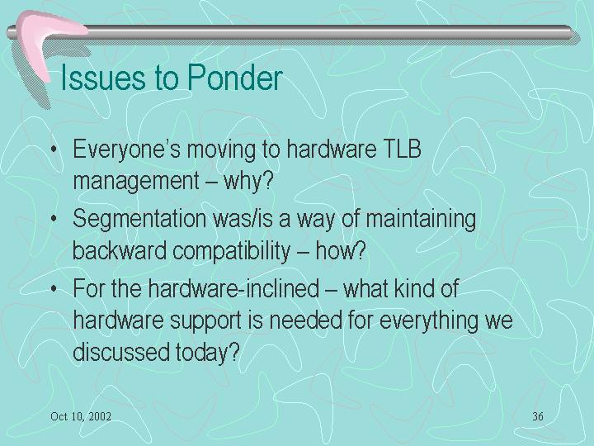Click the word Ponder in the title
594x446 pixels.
pyautogui.click(x=235, y=78)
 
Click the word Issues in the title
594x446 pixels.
pyautogui.click(x=102, y=78)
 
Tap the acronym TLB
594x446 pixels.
pyautogui.click(x=402, y=149)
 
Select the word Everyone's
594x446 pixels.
pyautogui.click(x=126, y=150)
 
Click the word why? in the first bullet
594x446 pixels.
pyautogui.click(x=248, y=182)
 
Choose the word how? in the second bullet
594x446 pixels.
pyautogui.click(x=341, y=251)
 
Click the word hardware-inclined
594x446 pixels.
pyautogui.click(x=233, y=288)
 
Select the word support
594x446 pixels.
pyautogui.click(x=205, y=321)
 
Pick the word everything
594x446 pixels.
pyautogui.click(x=428, y=321)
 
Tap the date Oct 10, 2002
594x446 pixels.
pyautogui.click(x=81, y=416)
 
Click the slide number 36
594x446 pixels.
pyautogui.click(x=538, y=416)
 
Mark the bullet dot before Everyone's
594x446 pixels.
pyautogui.click(x=54, y=149)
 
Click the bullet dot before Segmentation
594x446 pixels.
pyautogui.click(x=54, y=219)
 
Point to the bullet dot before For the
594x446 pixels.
pyautogui.click(x=54, y=289)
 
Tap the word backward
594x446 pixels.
pyautogui.click(x=120, y=251)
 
